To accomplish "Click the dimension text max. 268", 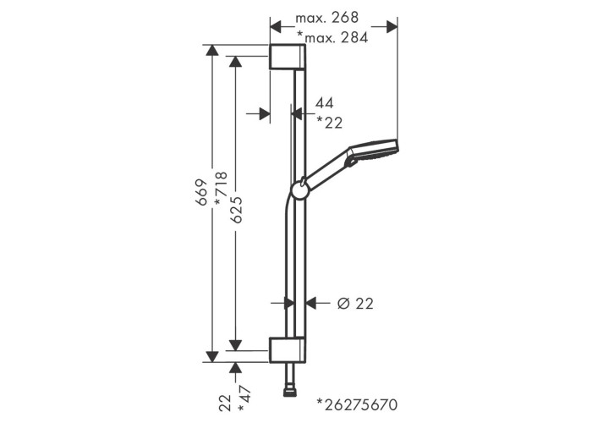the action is click(326, 18).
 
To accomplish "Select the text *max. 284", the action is click(332, 37).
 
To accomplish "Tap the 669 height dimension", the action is click(202, 192).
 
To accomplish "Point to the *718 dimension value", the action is click(221, 189).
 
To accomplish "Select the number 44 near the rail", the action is click(324, 102).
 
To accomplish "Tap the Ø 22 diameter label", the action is click(355, 303).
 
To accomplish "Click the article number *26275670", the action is click(357, 404).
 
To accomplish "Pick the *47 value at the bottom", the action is click(244, 398).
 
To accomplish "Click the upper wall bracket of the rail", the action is click(288, 57).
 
